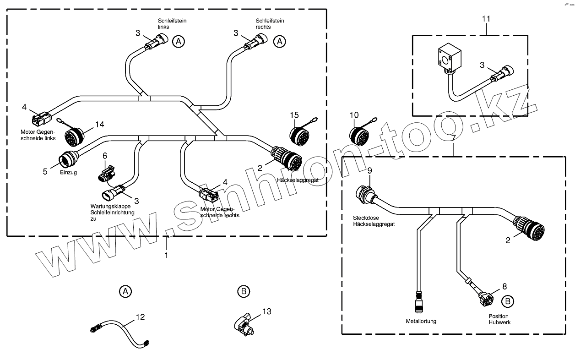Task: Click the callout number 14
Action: tap(100, 124)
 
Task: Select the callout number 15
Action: tap(294, 114)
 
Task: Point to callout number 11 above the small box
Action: tap(486, 19)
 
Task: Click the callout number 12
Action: tap(140, 317)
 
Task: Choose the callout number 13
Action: tap(267, 311)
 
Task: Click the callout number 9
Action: tap(370, 171)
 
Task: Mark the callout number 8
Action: tap(504, 287)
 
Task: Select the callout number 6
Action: tap(105, 156)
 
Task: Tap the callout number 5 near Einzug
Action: tap(45, 172)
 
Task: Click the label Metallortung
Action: tap(421, 321)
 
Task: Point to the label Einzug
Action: tap(68, 172)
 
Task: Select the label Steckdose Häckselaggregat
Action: tap(374, 221)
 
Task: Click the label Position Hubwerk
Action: tap(499, 319)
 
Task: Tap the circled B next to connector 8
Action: tap(507, 301)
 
